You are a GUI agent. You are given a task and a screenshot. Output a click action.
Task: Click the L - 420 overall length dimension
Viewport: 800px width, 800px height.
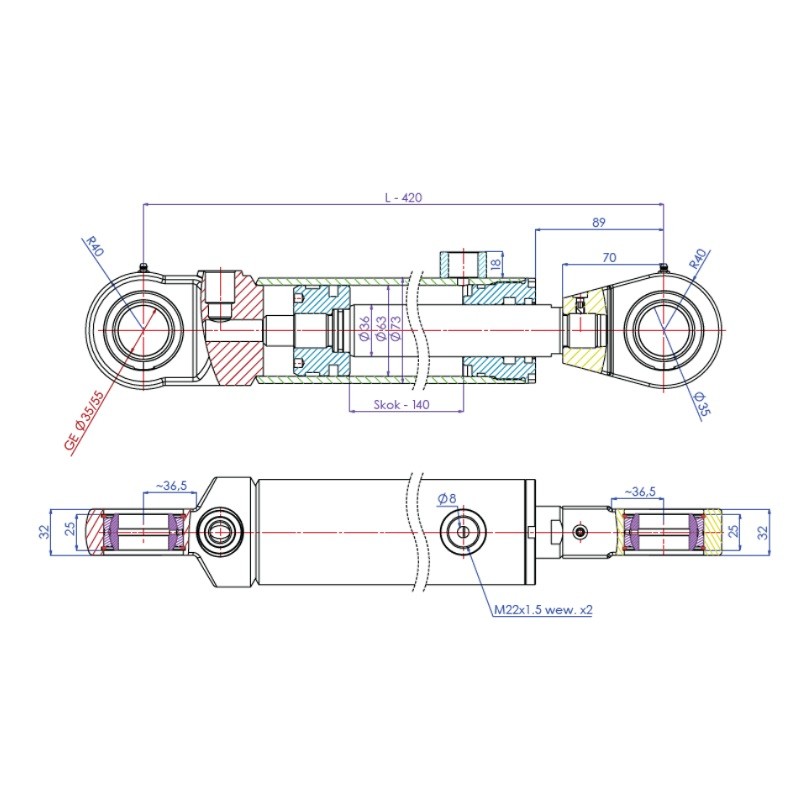pos(403,197)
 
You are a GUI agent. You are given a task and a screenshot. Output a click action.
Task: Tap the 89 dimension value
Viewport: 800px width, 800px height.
pos(598,222)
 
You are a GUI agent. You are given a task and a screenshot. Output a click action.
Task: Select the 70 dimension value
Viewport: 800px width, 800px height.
pos(609,258)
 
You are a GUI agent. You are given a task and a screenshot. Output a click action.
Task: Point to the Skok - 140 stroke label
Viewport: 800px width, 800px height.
pos(402,405)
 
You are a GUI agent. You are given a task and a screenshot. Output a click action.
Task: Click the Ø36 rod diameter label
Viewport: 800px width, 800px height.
pos(364,328)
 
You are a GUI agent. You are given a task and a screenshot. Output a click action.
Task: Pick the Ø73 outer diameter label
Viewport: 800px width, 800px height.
pos(395,328)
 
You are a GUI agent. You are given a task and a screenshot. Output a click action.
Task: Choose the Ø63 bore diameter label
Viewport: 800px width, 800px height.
pos(380,328)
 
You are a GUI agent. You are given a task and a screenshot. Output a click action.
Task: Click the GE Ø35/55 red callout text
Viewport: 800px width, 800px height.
pos(84,421)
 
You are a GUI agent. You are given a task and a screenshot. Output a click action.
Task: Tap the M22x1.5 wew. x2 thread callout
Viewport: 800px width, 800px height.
pos(543,609)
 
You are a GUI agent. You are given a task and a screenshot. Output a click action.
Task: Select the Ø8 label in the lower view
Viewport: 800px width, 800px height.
pos(446,498)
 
